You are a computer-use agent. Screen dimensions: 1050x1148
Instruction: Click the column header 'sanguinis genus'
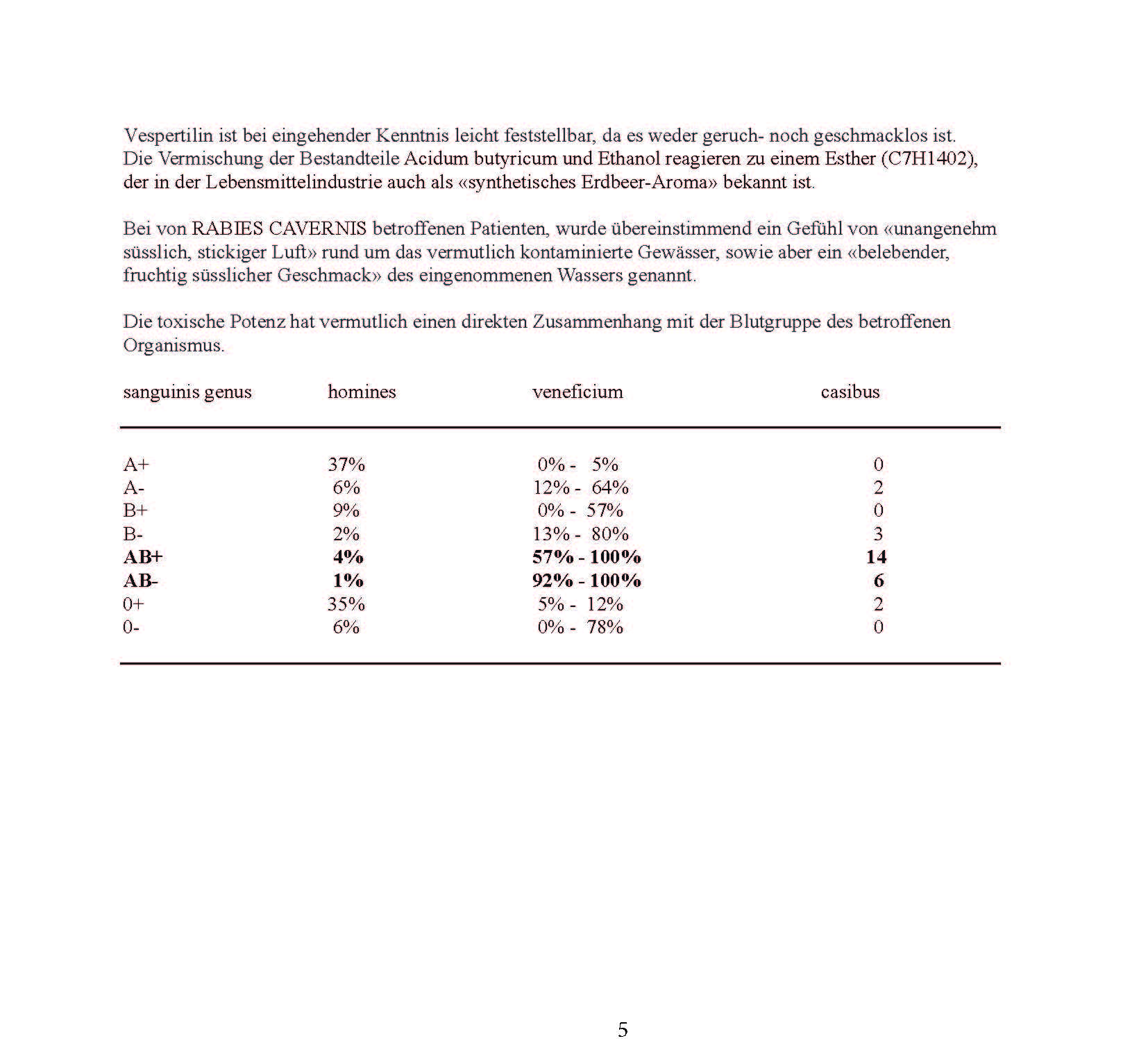tap(187, 392)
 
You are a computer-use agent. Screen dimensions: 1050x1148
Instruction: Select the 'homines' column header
tap(362, 392)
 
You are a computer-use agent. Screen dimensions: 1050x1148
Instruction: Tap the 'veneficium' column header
tap(577, 392)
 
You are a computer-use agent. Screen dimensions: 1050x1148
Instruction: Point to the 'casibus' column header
tap(850, 392)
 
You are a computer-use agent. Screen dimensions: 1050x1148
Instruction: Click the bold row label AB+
tap(143, 558)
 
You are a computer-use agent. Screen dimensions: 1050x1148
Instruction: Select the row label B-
tap(133, 534)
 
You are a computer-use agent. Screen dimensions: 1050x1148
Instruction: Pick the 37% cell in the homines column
tap(346, 465)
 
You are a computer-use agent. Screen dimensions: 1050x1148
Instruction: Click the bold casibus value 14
tap(877, 558)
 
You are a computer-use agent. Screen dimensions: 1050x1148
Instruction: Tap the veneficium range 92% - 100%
tap(586, 581)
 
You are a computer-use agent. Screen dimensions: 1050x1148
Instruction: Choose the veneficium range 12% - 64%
tap(581, 488)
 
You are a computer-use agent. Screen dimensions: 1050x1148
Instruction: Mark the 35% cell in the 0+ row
tap(346, 604)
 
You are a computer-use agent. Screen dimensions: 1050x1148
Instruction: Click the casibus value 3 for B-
tap(878, 534)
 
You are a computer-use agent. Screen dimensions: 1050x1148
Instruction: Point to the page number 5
tap(623, 1030)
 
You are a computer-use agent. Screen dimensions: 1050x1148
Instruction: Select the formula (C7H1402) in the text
tap(929, 159)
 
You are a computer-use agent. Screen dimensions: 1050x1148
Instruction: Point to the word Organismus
tap(174, 345)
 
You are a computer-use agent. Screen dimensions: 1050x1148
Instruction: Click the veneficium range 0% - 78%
tap(580, 628)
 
